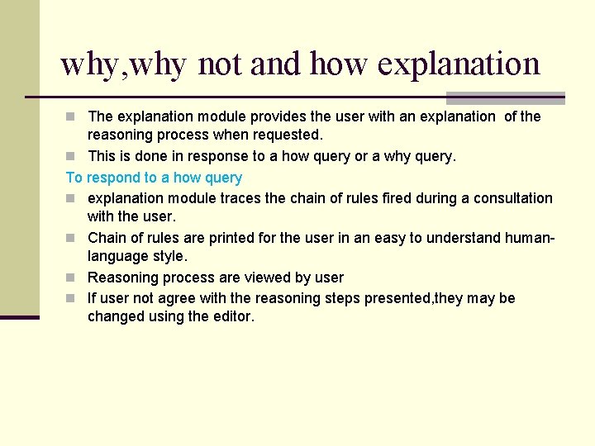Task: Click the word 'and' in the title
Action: pos(276,64)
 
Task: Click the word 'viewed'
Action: pos(248,278)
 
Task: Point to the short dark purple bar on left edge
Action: pos(19,317)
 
